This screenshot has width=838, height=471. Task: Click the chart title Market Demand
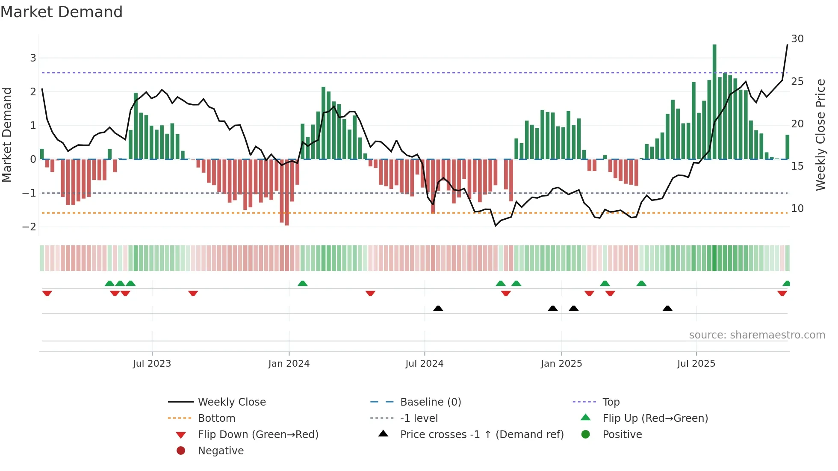pyautogui.click(x=62, y=12)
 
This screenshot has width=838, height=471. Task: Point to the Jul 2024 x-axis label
pyautogui.click(x=424, y=364)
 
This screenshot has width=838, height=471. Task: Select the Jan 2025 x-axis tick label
pyautogui.click(x=561, y=364)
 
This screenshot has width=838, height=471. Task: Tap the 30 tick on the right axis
pyautogui.click(x=797, y=39)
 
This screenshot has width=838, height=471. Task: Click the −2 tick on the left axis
pyautogui.click(x=30, y=227)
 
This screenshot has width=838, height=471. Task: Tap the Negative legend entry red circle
pyautogui.click(x=181, y=451)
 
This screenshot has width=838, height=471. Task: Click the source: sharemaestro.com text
pyautogui.click(x=757, y=335)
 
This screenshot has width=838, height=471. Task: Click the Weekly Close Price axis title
pyautogui.click(x=820, y=135)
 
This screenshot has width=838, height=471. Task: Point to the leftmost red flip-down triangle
pyautogui.click(x=47, y=293)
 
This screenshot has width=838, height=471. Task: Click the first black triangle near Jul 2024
pyautogui.click(x=438, y=308)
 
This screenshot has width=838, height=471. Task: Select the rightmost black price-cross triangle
pyautogui.click(x=667, y=308)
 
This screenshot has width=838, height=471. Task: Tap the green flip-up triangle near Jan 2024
pyautogui.click(x=302, y=283)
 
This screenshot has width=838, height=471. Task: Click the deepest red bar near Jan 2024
pyautogui.click(x=287, y=192)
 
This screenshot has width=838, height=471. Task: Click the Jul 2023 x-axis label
pyautogui.click(x=152, y=364)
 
